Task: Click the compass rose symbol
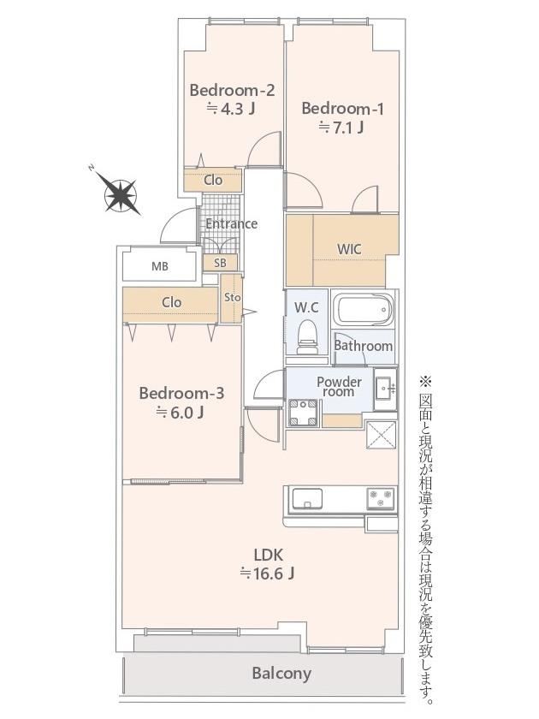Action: pyautogui.click(x=121, y=195)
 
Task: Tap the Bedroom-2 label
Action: pyautogui.click(x=232, y=90)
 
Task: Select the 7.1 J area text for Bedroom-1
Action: pyautogui.click(x=341, y=127)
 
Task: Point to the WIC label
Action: pyautogui.click(x=349, y=249)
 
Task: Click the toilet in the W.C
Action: pyautogui.click(x=306, y=337)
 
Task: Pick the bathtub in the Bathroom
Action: pyautogui.click(x=363, y=310)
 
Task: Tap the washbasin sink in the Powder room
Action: pyautogui.click(x=384, y=389)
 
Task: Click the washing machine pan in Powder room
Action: pyautogui.click(x=303, y=413)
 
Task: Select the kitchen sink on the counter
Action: pyautogui.click(x=307, y=498)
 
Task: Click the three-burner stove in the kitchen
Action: pyautogui.click(x=382, y=498)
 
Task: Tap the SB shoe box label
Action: pyautogui.click(x=220, y=263)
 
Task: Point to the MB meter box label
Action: pyautogui.click(x=159, y=266)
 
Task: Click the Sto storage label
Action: pyautogui.click(x=233, y=297)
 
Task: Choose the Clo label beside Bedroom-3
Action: pyautogui.click(x=171, y=302)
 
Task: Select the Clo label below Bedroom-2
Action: pyautogui.click(x=213, y=180)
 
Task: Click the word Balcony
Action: pyautogui.click(x=281, y=673)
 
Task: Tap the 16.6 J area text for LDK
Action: pyautogui.click(x=268, y=573)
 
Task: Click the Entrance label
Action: pyautogui.click(x=232, y=223)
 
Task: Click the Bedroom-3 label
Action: pyautogui.click(x=181, y=393)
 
